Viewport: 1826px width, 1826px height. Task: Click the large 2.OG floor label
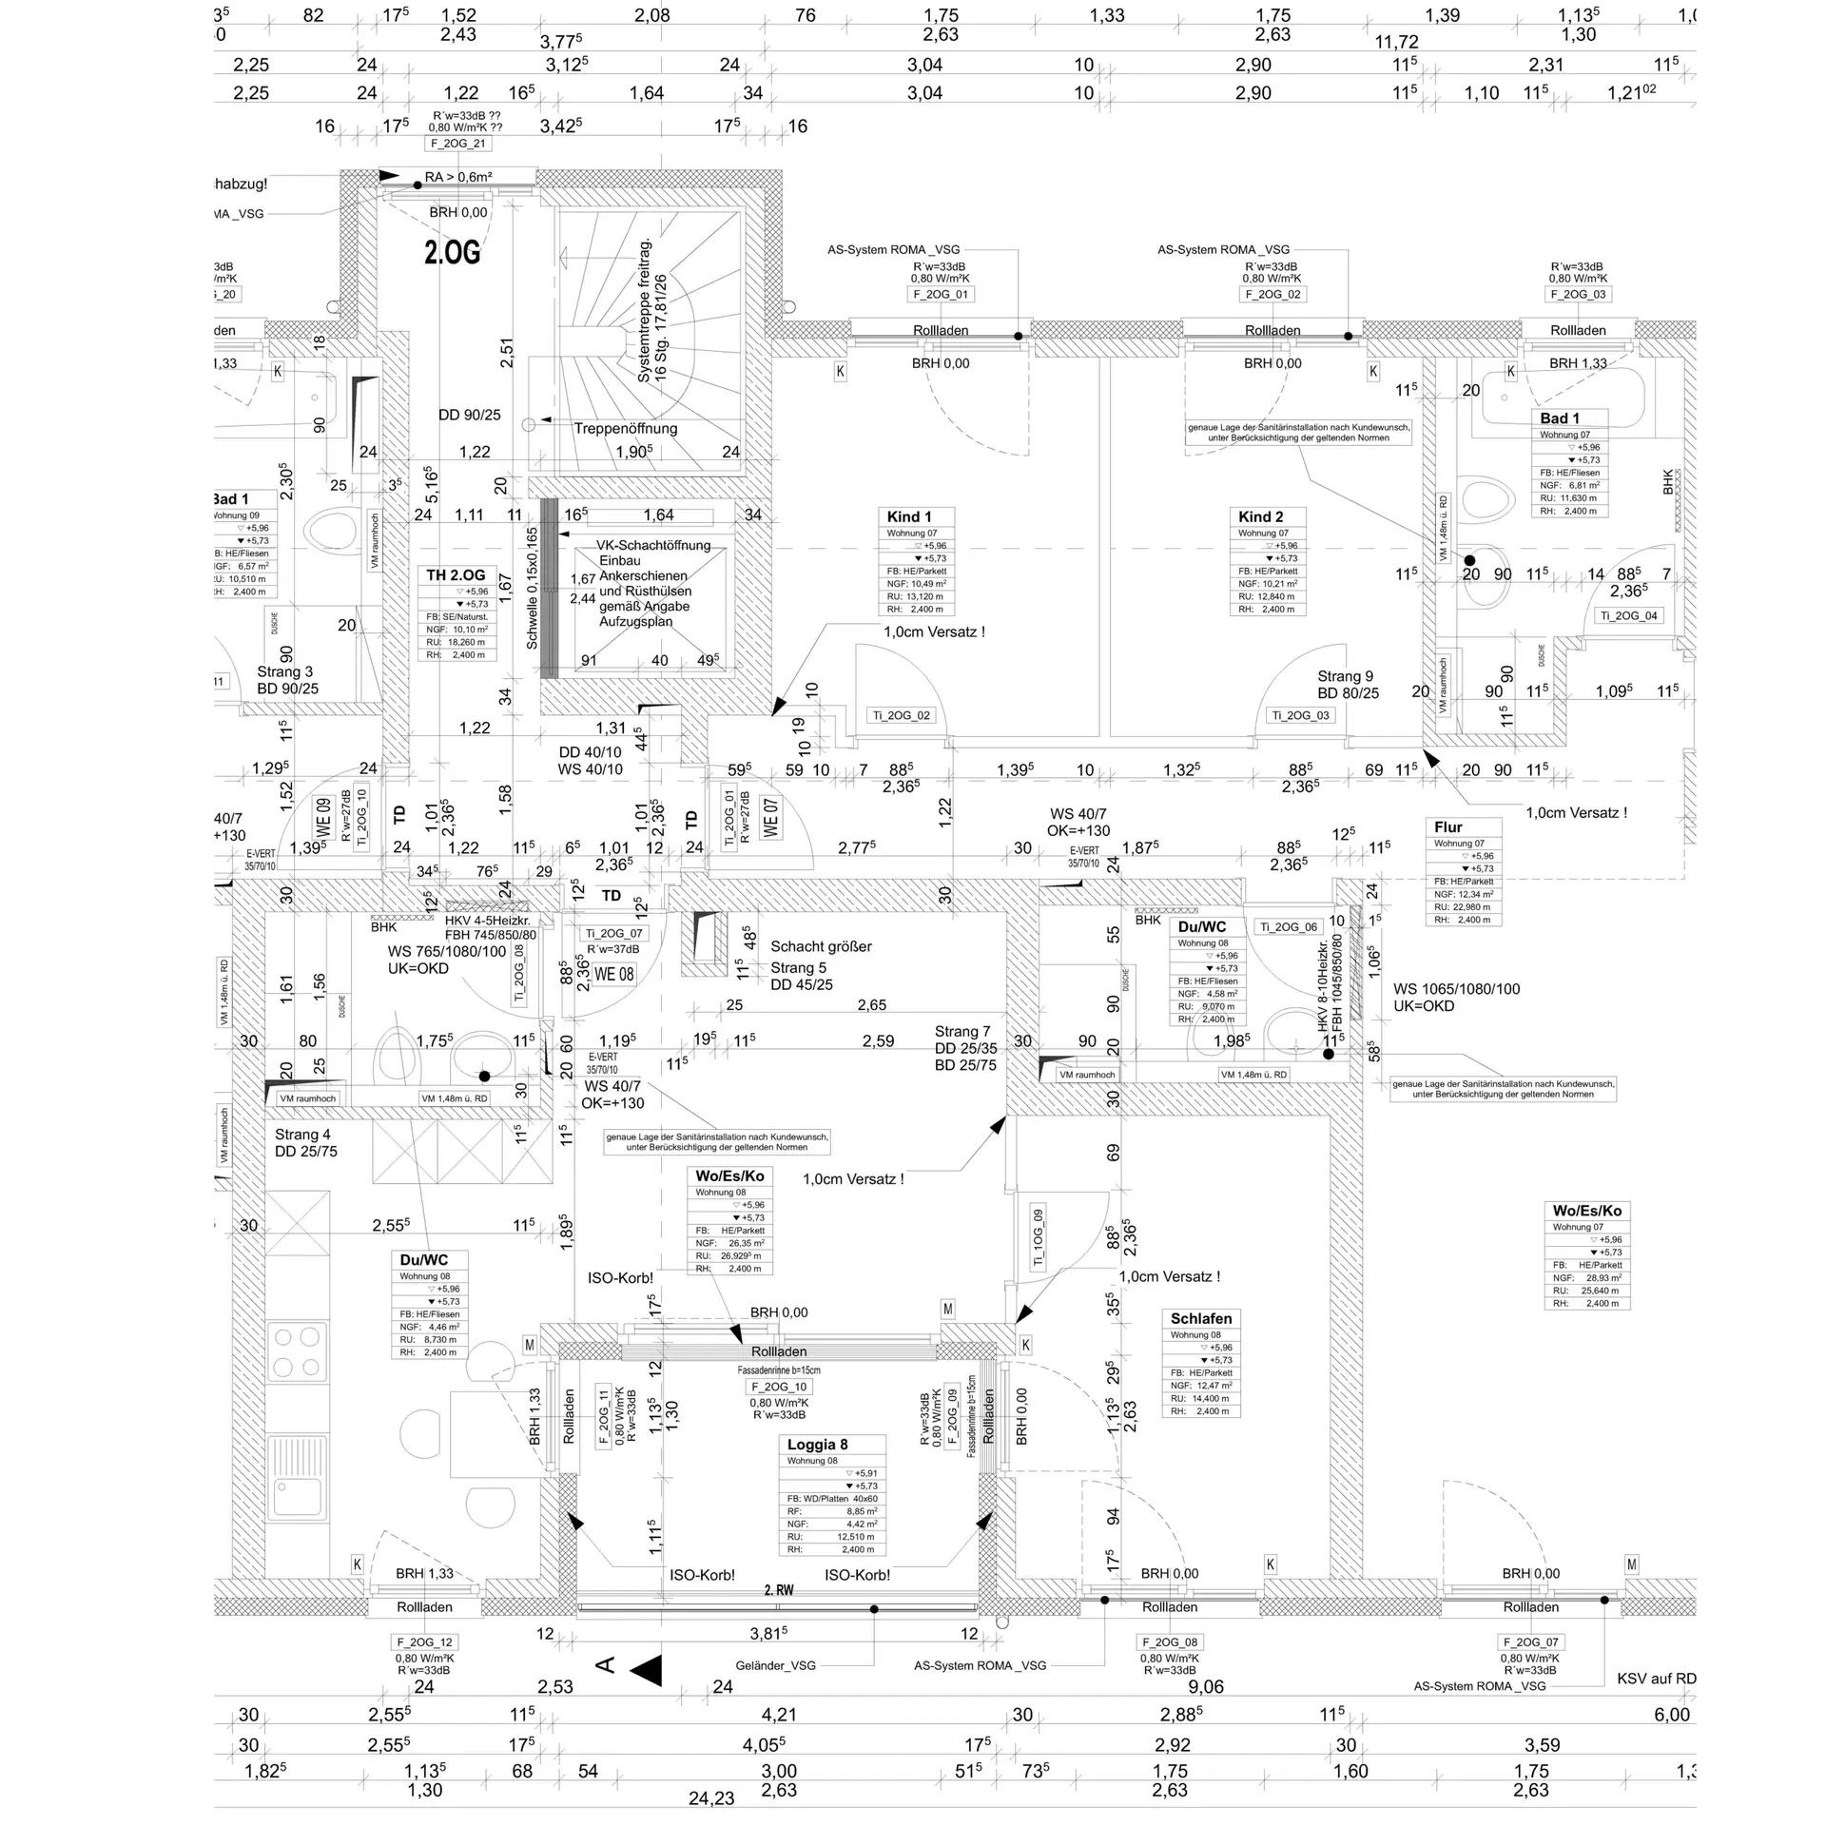[x=453, y=252]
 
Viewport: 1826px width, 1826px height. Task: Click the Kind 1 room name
[x=909, y=516]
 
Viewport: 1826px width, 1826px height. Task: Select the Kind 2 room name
[x=1260, y=516]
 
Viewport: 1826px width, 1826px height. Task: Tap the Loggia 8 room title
[x=817, y=1444]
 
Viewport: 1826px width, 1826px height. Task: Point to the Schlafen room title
[x=1201, y=1318]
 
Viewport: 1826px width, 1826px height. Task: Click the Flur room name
[x=1447, y=827]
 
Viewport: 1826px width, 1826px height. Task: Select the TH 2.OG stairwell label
[x=456, y=575]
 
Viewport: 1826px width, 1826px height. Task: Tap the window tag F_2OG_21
[x=457, y=144]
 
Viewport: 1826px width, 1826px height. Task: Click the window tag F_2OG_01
[x=940, y=295]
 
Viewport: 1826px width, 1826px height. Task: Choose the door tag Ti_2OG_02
[x=902, y=715]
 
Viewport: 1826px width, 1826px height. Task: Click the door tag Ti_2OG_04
[x=1628, y=615]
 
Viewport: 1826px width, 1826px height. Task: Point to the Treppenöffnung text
[x=625, y=428]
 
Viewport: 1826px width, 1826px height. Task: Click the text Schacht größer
[x=821, y=946]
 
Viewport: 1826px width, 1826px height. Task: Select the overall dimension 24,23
[x=711, y=1798]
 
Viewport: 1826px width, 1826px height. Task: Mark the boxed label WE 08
[x=613, y=974]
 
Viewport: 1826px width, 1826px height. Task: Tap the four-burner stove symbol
[x=297, y=1352]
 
